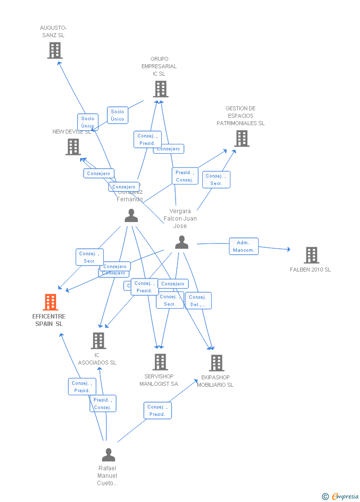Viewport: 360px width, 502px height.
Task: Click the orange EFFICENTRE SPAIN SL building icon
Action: pyautogui.click(x=50, y=302)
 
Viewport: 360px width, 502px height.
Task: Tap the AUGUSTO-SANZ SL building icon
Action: pyautogui.click(x=54, y=50)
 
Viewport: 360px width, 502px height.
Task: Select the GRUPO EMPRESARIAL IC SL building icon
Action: pyautogui.click(x=160, y=89)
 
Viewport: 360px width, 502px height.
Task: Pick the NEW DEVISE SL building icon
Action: pyautogui.click(x=73, y=146)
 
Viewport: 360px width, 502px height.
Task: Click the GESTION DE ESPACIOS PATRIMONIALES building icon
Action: pyautogui.click(x=241, y=138)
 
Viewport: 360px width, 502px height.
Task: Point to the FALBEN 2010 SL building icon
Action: pyautogui.click(x=311, y=255)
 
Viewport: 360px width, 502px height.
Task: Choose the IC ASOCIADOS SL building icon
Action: pyautogui.click(x=98, y=340)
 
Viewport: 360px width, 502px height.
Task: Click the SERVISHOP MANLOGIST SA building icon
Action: pyautogui.click(x=160, y=362)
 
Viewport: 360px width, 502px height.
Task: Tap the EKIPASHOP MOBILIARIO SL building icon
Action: pyautogui.click(x=216, y=363)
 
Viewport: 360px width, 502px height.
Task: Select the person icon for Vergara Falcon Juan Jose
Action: pyautogui.click(x=181, y=242)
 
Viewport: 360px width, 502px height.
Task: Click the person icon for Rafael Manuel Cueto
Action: pyautogui.click(x=108, y=455)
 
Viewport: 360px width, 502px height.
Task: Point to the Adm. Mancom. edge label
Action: pyautogui.click(x=243, y=246)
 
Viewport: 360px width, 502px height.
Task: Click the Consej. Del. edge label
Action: pyautogui.click(x=198, y=301)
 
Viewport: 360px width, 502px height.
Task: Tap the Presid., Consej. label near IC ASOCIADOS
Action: pyautogui.click(x=102, y=404)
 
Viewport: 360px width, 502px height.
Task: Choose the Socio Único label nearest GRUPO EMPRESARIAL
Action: pyautogui.click(x=118, y=115)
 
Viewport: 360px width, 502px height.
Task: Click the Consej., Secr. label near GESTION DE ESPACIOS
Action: pyautogui.click(x=216, y=180)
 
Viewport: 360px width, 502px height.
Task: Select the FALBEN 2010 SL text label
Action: pyautogui.click(x=310, y=270)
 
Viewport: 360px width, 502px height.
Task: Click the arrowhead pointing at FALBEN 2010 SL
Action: pyautogui.click(x=288, y=249)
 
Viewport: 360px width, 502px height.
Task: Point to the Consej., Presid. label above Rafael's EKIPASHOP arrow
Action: pyautogui.click(x=157, y=411)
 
